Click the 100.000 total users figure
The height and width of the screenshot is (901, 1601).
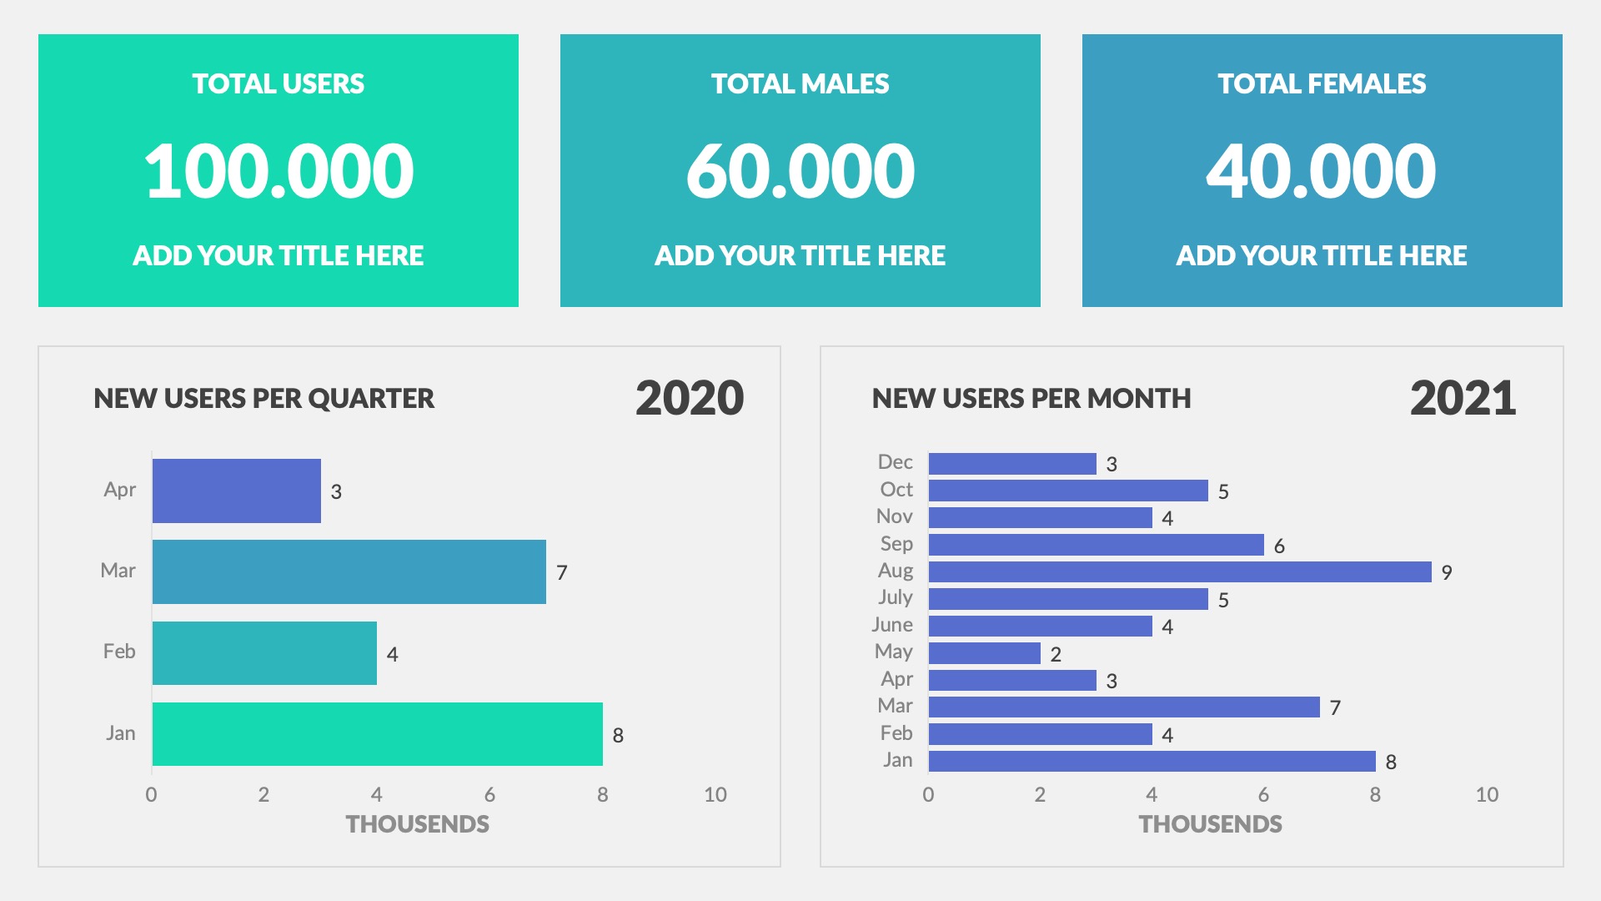point(279,171)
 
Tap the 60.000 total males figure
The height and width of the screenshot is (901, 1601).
point(800,171)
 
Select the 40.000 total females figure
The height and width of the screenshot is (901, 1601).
point(1321,171)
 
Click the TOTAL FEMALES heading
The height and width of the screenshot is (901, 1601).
point(1321,83)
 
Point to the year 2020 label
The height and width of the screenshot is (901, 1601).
point(689,398)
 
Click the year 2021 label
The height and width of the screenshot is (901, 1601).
point(1463,398)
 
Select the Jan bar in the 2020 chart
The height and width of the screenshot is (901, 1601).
point(377,734)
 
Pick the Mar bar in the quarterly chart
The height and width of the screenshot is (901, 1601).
point(349,571)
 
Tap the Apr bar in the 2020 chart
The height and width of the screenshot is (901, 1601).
point(237,491)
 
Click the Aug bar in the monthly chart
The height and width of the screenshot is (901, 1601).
point(1179,571)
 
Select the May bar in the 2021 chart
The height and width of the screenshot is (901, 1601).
point(984,653)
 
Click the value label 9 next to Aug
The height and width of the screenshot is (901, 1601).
point(1447,572)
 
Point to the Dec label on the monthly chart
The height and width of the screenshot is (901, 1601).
point(895,462)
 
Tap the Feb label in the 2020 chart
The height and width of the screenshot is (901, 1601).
point(119,652)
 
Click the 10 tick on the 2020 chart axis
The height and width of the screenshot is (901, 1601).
point(715,794)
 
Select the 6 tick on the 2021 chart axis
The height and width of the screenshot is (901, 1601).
point(1263,794)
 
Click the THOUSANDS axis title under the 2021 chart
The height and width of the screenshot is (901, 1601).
point(1210,824)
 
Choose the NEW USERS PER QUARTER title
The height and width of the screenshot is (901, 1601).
point(263,398)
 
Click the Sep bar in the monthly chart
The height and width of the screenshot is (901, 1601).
point(1096,545)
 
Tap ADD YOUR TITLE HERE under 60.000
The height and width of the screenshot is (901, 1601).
point(800,255)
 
